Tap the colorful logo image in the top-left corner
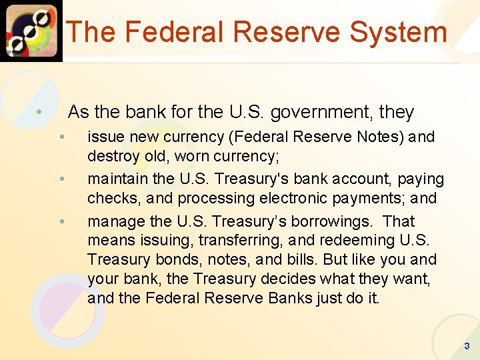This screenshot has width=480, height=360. click(31, 30)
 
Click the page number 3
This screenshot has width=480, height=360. click(467, 346)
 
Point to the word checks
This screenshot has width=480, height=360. click(109, 198)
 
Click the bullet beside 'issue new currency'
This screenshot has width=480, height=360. click(61, 137)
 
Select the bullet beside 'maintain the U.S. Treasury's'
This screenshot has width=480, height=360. click(61, 179)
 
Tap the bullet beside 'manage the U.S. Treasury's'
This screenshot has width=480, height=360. click(61, 221)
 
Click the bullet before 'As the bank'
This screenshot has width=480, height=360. click(41, 112)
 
